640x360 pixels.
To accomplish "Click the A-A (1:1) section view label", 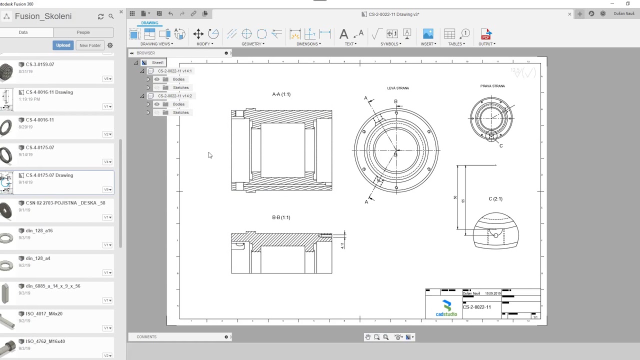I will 281,94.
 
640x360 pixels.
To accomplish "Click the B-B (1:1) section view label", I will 281,217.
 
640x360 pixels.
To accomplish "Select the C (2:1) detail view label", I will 495,199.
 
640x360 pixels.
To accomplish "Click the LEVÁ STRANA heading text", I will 398,88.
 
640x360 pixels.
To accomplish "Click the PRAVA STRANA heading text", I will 492,86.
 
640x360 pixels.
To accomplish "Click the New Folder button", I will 90,45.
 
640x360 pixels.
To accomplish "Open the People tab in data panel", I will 83,32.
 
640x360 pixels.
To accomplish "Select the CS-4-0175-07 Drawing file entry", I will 49,175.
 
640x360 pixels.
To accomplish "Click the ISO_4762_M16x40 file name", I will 45,341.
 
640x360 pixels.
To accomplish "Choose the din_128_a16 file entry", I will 39,231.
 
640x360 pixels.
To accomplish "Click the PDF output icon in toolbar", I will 485,34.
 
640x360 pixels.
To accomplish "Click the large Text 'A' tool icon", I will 343,34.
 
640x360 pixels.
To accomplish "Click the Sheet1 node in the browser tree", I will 157,62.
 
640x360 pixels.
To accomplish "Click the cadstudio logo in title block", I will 446,308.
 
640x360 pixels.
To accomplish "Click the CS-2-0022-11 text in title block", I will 476,307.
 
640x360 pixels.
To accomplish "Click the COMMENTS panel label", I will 146,337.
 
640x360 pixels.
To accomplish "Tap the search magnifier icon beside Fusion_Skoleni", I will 111,16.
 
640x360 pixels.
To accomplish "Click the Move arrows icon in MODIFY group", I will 198,34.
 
